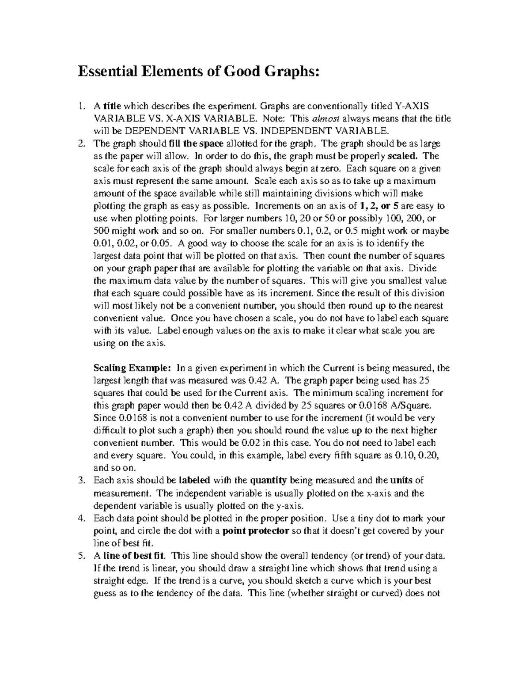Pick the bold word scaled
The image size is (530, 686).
(401, 156)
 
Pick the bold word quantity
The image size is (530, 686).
(268, 481)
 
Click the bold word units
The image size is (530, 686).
(401, 481)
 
